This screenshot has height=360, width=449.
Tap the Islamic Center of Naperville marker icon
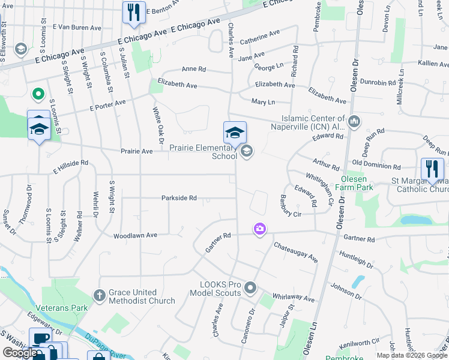click(354, 122)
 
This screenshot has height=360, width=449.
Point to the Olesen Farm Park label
click(357, 183)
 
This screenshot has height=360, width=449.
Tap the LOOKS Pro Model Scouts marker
click(250, 289)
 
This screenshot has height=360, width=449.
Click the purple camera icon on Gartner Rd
click(259, 229)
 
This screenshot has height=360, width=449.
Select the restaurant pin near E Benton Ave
click(133, 12)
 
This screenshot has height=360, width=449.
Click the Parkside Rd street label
click(179, 198)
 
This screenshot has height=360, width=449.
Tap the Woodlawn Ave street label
click(136, 235)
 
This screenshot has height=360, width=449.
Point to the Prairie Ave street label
click(136, 152)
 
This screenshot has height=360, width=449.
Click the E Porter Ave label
click(107, 106)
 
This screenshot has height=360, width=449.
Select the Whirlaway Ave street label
click(293, 298)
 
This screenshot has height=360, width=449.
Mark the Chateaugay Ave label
click(295, 251)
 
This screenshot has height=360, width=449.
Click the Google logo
click(20, 353)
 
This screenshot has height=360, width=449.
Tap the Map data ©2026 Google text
click(412, 355)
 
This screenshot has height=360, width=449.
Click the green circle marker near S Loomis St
click(37, 94)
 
